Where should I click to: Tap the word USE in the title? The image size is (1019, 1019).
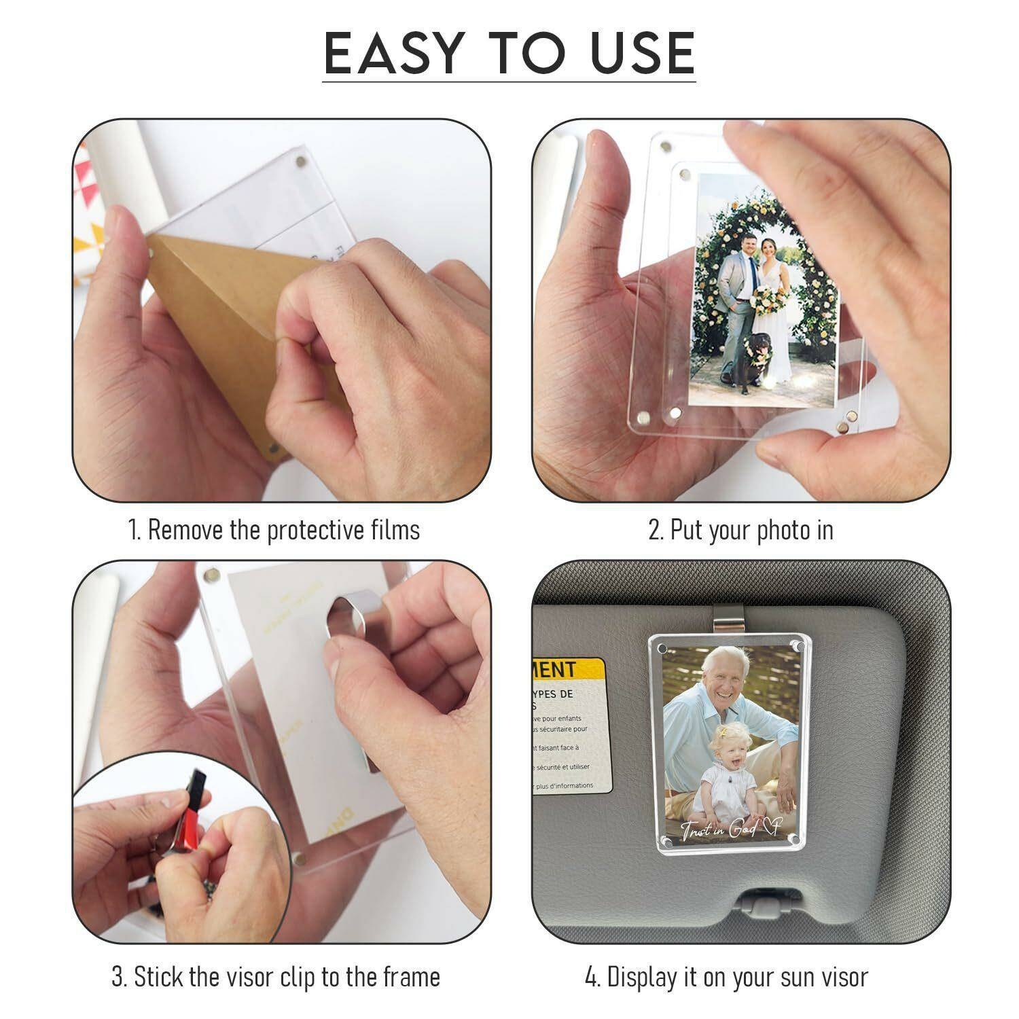(642, 53)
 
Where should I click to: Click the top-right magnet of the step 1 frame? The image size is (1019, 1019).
(301, 161)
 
